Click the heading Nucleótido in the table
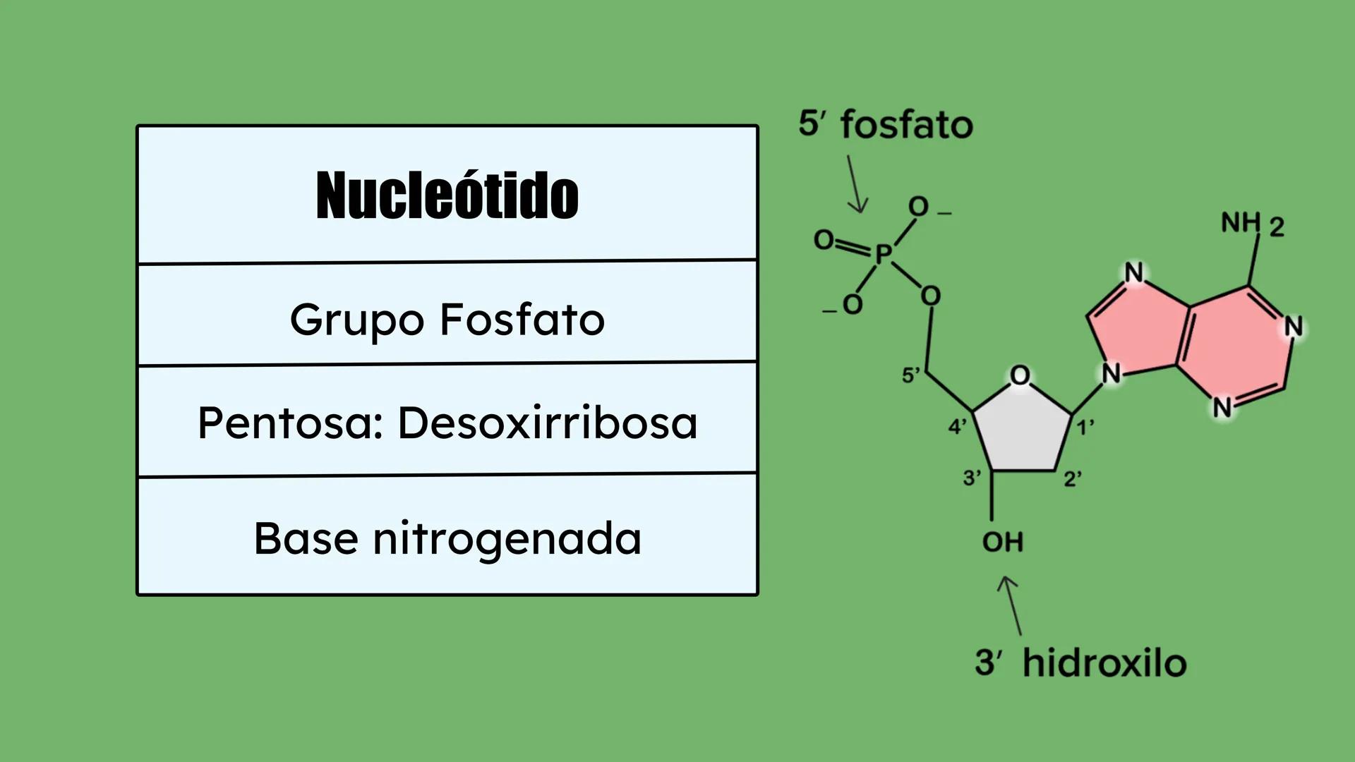(447, 195)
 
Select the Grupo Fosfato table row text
(447, 320)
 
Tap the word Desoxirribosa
(548, 423)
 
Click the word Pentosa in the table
(290, 423)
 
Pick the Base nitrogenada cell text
(447, 538)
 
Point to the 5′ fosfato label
(886, 124)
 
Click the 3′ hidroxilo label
(1080, 663)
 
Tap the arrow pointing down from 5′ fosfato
(857, 184)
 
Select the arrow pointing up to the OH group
(1010, 605)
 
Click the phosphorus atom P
(884, 253)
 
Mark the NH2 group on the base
(1253, 224)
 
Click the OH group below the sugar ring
(1003, 542)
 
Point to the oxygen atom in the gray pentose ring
(1020, 375)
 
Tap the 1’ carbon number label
(1085, 426)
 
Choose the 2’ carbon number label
(1073, 479)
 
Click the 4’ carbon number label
(957, 426)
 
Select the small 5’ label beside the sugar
(911, 375)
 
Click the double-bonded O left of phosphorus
(824, 240)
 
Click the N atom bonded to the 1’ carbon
(1112, 373)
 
